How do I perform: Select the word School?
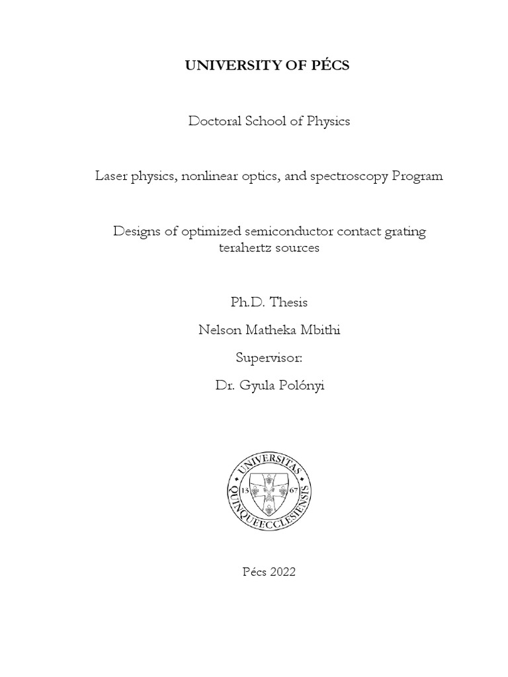click(268, 121)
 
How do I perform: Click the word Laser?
click(110, 177)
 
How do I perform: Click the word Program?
click(417, 177)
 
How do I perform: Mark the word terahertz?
click(244, 248)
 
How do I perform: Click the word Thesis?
click(290, 302)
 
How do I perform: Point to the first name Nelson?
click(218, 330)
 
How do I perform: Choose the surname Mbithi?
click(321, 330)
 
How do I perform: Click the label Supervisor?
click(269, 358)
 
